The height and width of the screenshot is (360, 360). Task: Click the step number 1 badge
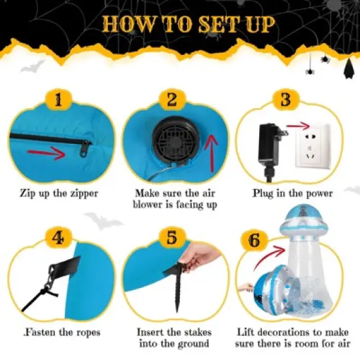coord(58,99)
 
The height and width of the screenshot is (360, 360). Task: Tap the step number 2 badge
coord(172,99)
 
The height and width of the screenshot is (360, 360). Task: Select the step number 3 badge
coord(286,99)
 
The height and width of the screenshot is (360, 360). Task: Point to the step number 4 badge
coord(58,238)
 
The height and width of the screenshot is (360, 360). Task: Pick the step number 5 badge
coord(172,238)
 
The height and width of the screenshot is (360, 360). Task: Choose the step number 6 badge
coord(254,240)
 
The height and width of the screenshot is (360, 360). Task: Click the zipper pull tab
coord(84,149)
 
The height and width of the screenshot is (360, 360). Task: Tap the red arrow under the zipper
coord(46,153)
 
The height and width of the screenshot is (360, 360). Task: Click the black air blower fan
coord(175,142)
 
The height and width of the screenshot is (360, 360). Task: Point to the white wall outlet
coord(313,145)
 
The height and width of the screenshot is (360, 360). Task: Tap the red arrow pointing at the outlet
coord(298,126)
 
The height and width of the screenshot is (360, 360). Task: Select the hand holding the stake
coord(202,258)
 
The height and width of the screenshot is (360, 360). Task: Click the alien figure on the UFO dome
coord(302,211)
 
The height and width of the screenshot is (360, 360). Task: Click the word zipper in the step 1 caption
coord(84,194)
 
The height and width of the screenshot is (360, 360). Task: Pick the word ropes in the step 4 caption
coord(88,333)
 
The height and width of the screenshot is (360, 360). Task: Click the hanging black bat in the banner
coord(350,68)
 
